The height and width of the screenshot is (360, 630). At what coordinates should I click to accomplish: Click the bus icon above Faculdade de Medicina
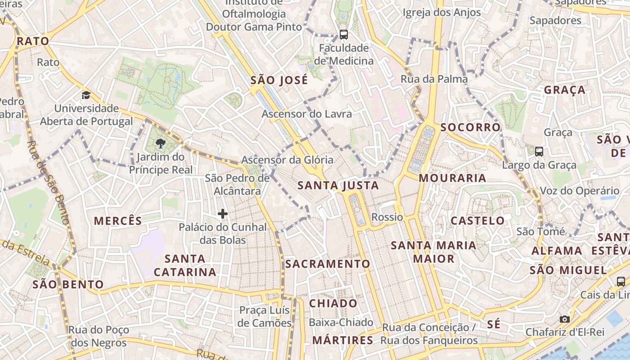344,34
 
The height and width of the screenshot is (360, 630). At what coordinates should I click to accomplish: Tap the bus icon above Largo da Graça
539,152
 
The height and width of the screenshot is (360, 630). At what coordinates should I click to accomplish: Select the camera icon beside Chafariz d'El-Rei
565,319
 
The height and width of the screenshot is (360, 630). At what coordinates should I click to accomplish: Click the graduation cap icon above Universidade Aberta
86,95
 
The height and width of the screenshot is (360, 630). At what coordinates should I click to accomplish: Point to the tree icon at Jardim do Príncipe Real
160,144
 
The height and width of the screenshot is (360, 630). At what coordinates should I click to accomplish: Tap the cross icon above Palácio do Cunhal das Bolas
223,214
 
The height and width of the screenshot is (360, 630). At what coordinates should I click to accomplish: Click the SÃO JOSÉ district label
279,81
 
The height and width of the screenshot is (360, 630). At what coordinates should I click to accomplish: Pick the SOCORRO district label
471,127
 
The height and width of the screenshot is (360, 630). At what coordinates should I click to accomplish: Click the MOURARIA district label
453,178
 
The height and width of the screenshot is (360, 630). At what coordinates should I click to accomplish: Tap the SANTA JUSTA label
338,185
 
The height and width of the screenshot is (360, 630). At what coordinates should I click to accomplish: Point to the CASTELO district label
478,221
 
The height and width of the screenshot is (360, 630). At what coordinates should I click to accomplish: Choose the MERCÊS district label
118,221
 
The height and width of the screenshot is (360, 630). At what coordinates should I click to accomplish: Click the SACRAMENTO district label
328,264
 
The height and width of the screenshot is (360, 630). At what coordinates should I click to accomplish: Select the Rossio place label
387,217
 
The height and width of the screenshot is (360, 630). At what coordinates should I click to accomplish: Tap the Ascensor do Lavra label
307,114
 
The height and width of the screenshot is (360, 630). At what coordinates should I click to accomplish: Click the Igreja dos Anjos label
442,13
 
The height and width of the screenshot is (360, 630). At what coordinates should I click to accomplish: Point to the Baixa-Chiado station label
341,322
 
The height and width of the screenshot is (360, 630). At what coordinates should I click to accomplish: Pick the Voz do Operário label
580,191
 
